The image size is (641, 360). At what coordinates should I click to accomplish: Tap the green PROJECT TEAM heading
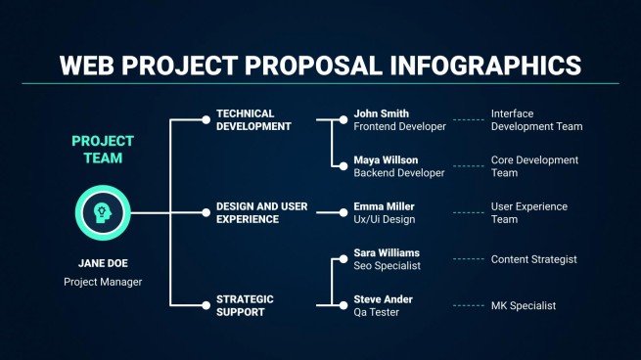click(103, 149)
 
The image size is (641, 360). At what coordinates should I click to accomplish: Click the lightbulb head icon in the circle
click(103, 213)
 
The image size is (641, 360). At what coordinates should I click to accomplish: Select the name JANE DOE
click(103, 263)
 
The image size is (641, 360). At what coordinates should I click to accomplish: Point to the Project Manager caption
click(103, 282)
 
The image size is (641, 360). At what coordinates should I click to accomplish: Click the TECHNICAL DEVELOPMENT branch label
click(253, 119)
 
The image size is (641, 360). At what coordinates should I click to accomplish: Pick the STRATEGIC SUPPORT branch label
click(247, 305)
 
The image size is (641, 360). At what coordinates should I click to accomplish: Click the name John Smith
click(382, 113)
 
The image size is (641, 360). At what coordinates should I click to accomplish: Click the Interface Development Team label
click(535, 119)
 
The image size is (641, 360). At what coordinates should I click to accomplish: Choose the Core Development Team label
click(534, 166)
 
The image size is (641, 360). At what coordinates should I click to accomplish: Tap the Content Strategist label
click(533, 259)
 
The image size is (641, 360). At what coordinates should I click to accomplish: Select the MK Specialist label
click(523, 305)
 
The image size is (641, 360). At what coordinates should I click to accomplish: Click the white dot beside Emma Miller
click(343, 212)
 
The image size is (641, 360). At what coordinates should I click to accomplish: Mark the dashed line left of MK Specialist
click(468, 305)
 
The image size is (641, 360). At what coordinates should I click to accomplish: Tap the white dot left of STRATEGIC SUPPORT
click(206, 305)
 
